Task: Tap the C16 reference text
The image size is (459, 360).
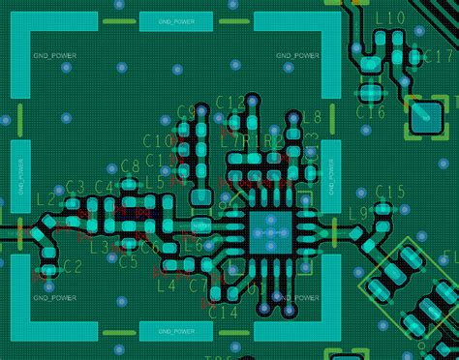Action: [x=370, y=113]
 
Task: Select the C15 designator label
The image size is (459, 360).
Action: [x=389, y=191]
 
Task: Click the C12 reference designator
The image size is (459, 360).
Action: [x=230, y=103]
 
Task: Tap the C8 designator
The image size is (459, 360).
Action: [x=130, y=167]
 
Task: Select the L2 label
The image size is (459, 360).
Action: [x=46, y=200]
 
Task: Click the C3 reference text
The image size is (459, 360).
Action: [x=75, y=187]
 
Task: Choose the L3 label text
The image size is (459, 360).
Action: [x=99, y=248]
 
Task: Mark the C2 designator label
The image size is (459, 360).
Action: [x=70, y=266]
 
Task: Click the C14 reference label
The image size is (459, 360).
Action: [x=223, y=313]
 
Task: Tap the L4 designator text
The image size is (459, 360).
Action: [x=166, y=285]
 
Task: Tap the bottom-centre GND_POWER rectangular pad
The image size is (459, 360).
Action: [x=175, y=331]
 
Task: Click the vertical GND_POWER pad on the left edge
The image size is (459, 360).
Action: [x=21, y=176]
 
